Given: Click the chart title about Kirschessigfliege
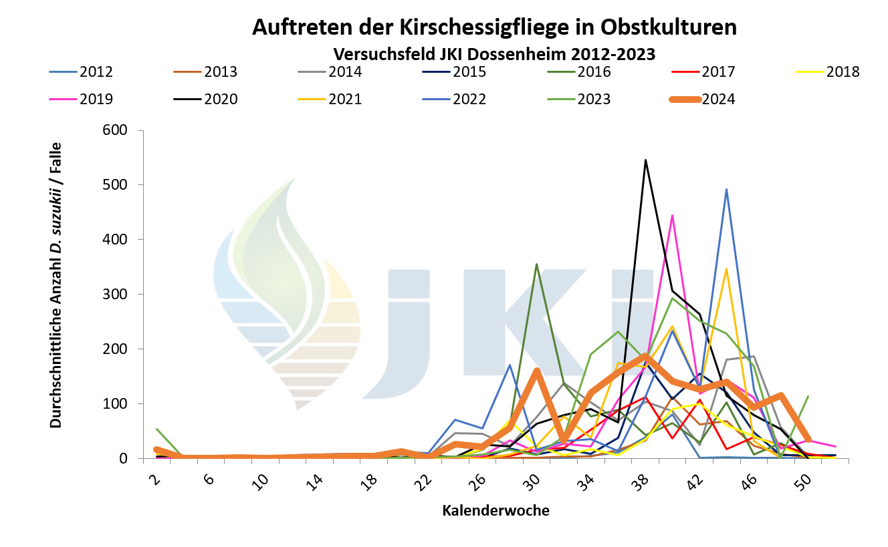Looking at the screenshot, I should click(x=494, y=28).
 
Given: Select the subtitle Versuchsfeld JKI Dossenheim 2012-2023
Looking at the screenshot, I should click(x=494, y=53).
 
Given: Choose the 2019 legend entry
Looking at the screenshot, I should click(x=96, y=100).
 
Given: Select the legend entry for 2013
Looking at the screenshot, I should click(x=220, y=71).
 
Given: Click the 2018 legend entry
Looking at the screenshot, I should click(x=843, y=71).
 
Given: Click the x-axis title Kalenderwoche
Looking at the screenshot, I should click(x=495, y=511).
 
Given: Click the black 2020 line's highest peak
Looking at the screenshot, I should click(x=645, y=160).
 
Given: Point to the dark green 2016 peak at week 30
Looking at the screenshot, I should click(x=536, y=264).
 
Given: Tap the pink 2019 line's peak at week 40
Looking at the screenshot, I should click(x=672, y=215).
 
